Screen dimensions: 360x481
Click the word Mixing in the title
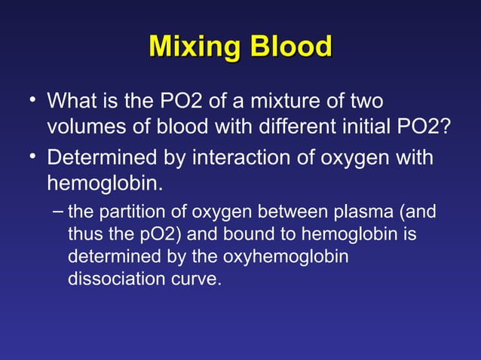(193, 47)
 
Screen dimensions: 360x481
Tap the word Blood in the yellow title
(287, 47)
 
